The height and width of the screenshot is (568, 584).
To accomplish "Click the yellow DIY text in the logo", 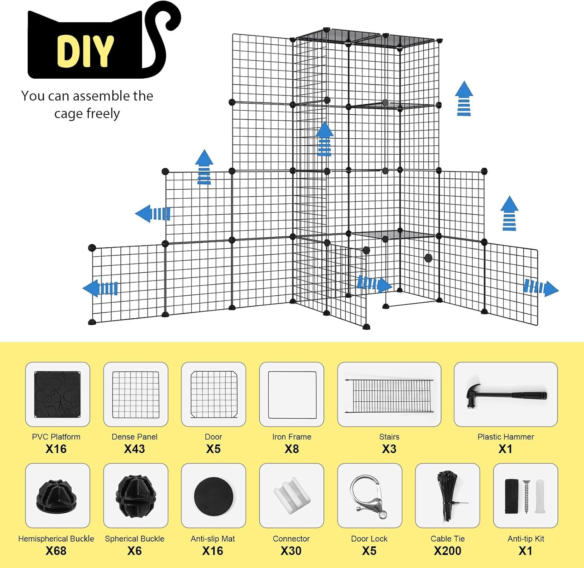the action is coord(85,51).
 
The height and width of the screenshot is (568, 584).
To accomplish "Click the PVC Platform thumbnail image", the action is coord(57,394).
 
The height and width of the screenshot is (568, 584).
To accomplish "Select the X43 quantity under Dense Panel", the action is coord(134,449).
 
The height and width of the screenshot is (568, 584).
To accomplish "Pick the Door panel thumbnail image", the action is coord(214,394).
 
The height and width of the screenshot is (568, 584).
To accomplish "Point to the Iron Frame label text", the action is coord(292,437).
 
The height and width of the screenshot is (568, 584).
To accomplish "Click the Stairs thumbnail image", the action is coord(389,395).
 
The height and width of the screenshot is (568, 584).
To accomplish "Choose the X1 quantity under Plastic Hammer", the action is coord(505,449).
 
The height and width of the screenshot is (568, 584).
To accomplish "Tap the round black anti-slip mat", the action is coord(213,496).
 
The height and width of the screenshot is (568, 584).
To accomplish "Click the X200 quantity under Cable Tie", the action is coord(447,551).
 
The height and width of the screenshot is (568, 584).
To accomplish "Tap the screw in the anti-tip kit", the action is coord(526,496).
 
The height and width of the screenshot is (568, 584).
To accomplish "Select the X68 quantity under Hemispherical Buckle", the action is coord(56,551).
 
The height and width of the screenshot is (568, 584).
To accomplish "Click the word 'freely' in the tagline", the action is coord(103,114).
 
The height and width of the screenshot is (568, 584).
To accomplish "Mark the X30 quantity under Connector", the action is coord(291,551).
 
